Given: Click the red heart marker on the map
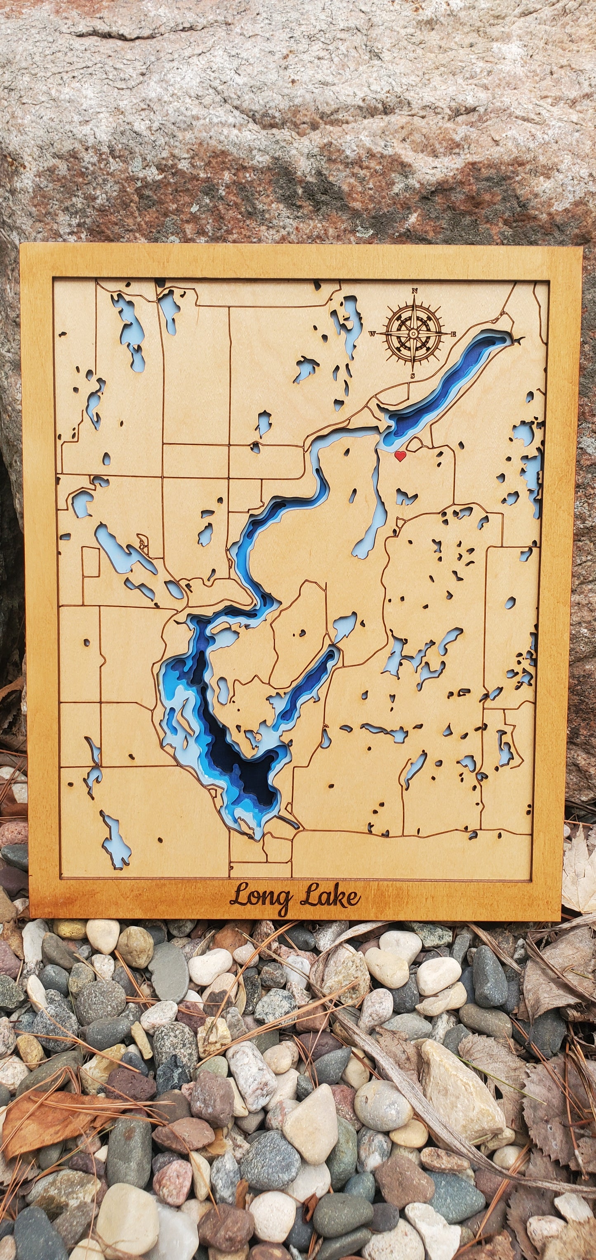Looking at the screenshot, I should [400, 456].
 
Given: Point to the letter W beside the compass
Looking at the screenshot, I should [372, 334].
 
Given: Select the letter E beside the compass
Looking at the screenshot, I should [454, 334].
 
